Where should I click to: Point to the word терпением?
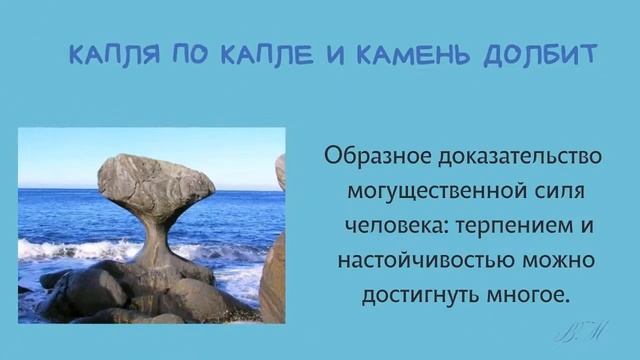(507, 226)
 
